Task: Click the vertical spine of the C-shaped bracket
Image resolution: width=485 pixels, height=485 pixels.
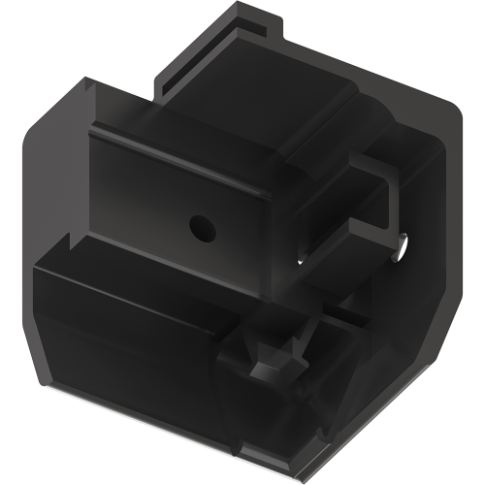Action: [x=393, y=199]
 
